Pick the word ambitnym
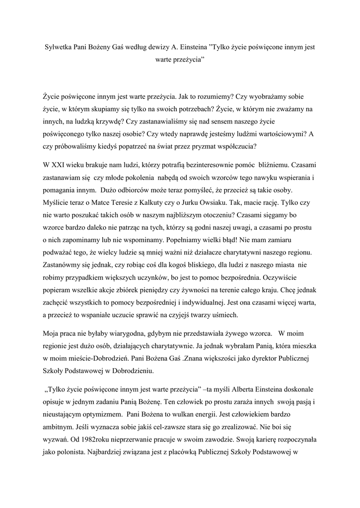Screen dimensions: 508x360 59,426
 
